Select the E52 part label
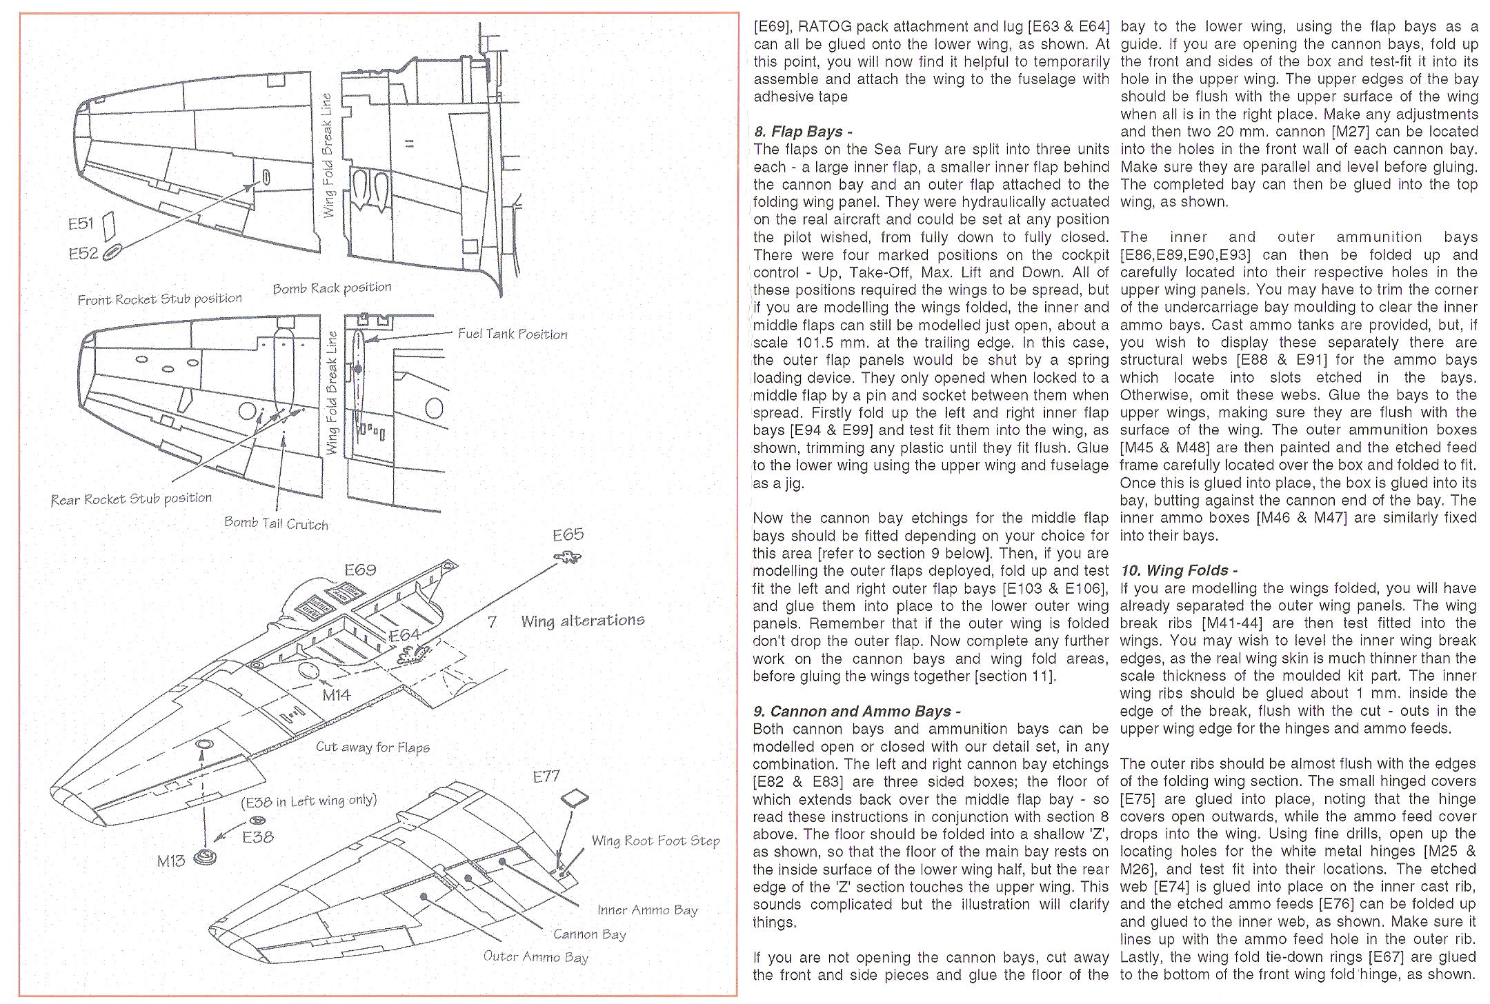[x=83, y=254]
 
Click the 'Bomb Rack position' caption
[x=332, y=288]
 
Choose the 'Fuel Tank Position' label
[x=513, y=334]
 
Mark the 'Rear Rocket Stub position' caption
[x=131, y=499]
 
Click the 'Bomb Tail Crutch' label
[x=276, y=523]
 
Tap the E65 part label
[x=568, y=534]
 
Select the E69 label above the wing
[x=360, y=570]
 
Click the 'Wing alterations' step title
[x=582, y=621]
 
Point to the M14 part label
[x=337, y=695]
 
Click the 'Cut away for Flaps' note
[x=372, y=747]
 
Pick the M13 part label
[x=170, y=861]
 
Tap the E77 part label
[x=546, y=776]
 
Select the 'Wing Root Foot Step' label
[x=655, y=841]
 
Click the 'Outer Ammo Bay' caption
[x=535, y=956]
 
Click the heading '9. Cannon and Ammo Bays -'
[x=857, y=712]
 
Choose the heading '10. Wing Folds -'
[x=1179, y=570]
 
